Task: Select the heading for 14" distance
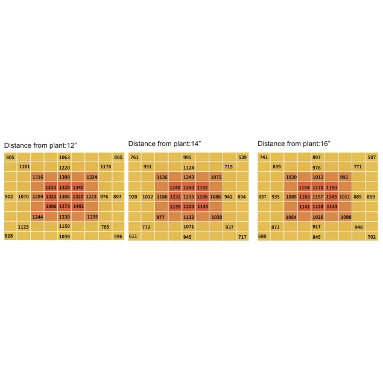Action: pyautogui.click(x=165, y=144)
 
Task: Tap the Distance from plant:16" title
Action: pyautogui.click(x=294, y=144)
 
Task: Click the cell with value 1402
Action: pyautogui.click(x=78, y=206)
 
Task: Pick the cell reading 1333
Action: pyautogui.click(x=51, y=187)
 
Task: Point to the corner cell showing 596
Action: pyautogui.click(x=118, y=236)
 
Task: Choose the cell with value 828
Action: pyautogui.click(x=9, y=236)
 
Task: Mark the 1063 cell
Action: pyautogui.click(x=65, y=157)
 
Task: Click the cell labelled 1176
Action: pyautogui.click(x=106, y=166)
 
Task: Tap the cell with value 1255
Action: pyautogui.click(x=92, y=217)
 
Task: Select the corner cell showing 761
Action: pyautogui.click(x=134, y=157)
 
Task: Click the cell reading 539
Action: pyautogui.click(x=242, y=157)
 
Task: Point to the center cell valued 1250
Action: pyautogui.click(x=188, y=187)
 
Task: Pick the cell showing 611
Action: pyautogui.click(x=133, y=236)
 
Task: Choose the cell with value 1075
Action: pyautogui.click(x=216, y=177)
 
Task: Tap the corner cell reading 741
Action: pyautogui.click(x=263, y=157)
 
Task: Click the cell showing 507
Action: pyautogui.click(x=372, y=157)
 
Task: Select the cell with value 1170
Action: pyautogui.click(x=317, y=187)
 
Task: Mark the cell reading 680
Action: pyautogui.click(x=262, y=236)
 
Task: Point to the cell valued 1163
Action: pyautogui.click(x=304, y=197)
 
